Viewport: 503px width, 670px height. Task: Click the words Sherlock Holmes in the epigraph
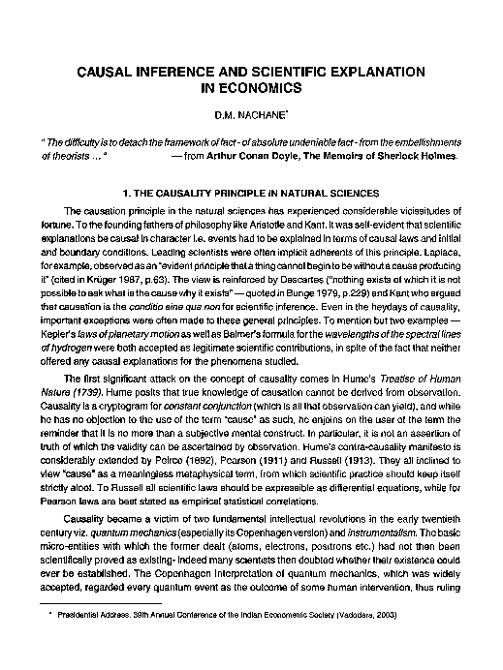tap(414, 154)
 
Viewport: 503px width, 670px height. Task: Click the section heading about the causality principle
tap(252, 193)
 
